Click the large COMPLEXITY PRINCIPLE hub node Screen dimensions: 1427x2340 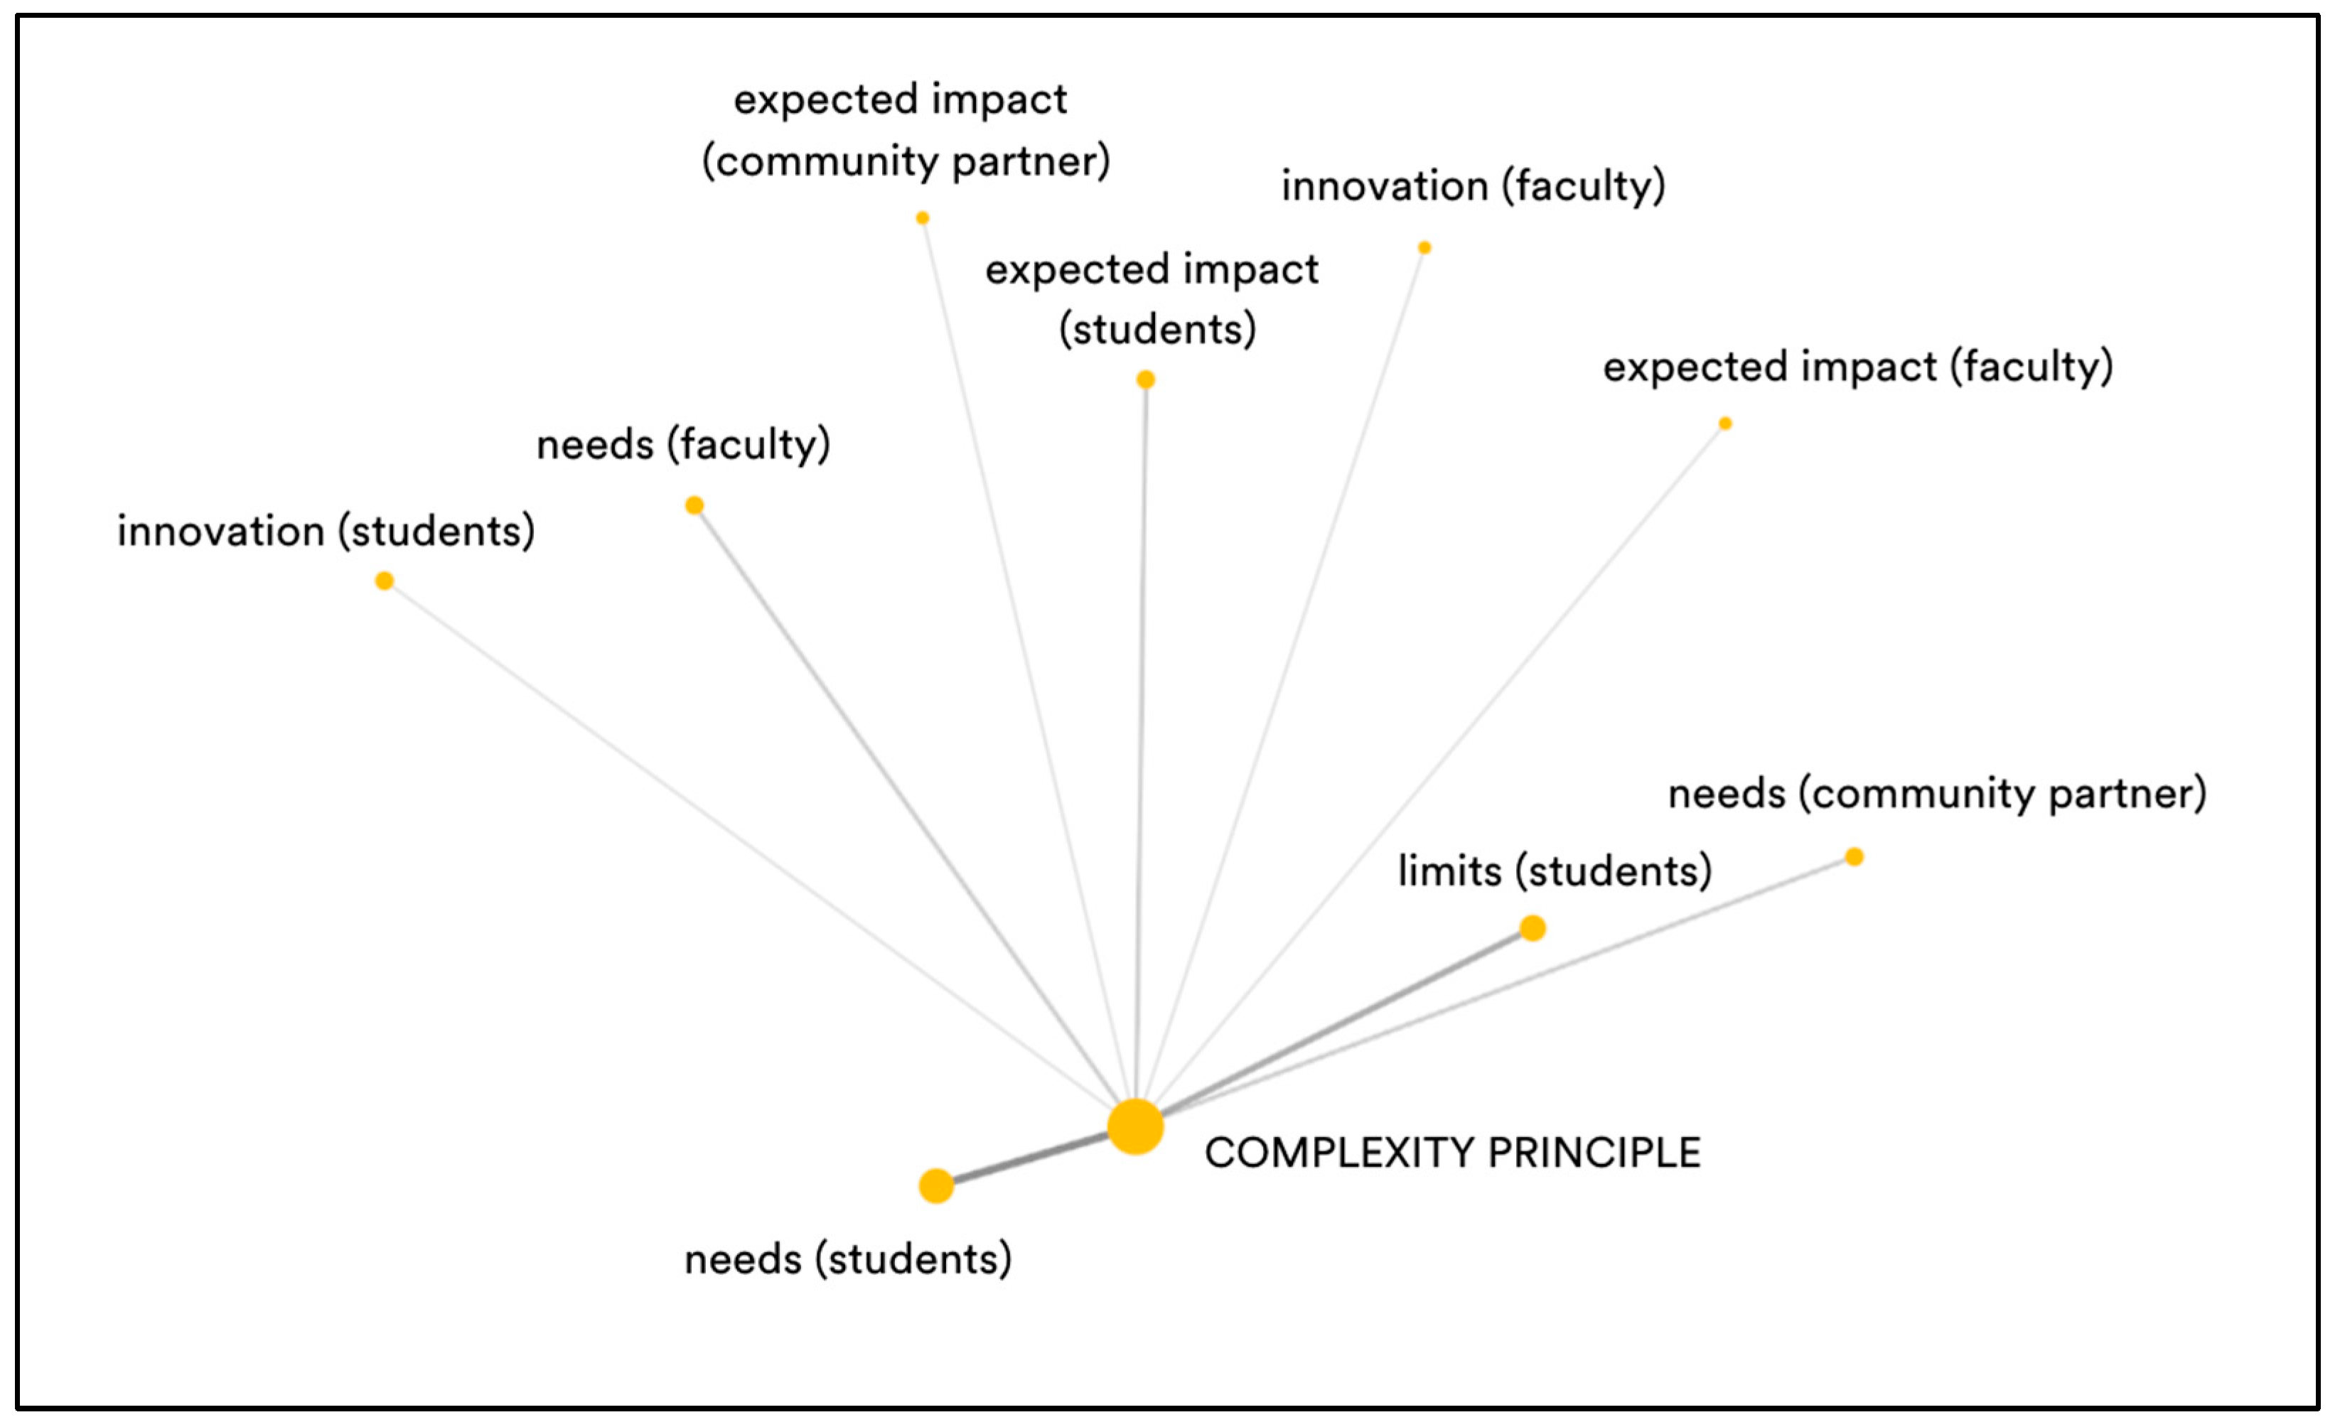tap(1135, 1127)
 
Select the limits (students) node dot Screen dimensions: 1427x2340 tap(1532, 927)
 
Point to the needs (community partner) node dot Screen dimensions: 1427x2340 tap(1854, 856)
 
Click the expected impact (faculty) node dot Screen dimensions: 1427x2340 tap(1724, 424)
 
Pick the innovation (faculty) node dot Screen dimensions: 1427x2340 tap(1424, 248)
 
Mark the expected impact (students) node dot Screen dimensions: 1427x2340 tap(1145, 379)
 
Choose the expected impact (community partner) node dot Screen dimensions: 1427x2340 tap(922, 218)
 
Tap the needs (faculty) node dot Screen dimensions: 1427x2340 tap(694, 505)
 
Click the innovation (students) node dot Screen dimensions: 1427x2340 tap(384, 581)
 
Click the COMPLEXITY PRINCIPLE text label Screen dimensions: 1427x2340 tap(1452, 1153)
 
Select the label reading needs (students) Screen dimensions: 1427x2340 tap(848, 1259)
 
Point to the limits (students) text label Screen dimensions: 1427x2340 tap(1555, 871)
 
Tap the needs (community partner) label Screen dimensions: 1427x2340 tap(1936, 793)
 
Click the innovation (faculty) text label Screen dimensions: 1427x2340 tap(1473, 185)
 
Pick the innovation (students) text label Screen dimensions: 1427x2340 tap(326, 531)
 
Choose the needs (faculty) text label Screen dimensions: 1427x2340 tap(683, 444)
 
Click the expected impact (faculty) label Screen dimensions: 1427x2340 tap(1857, 367)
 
